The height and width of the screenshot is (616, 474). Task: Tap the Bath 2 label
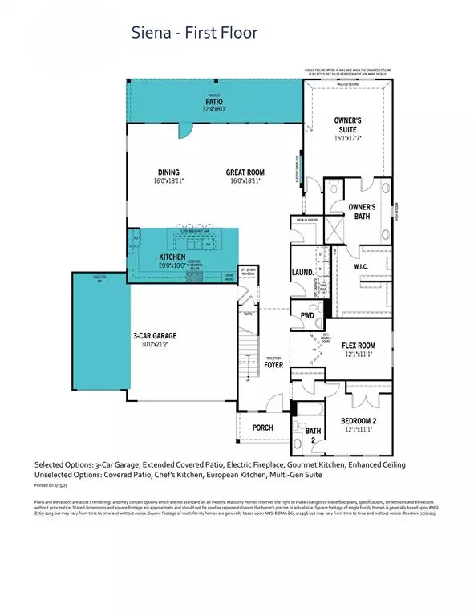pyautogui.click(x=313, y=436)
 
